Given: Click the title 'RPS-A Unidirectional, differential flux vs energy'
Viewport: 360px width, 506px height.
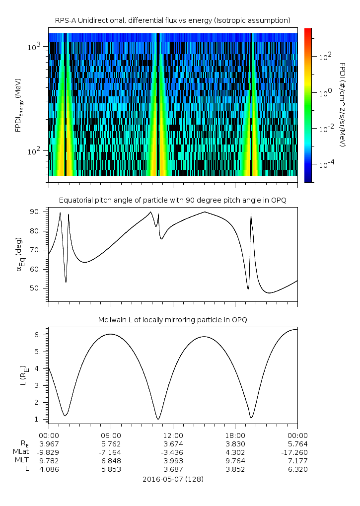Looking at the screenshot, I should pyautogui.click(x=172, y=20).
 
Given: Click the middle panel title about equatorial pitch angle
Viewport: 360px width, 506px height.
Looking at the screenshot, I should pyautogui.click(x=173, y=200).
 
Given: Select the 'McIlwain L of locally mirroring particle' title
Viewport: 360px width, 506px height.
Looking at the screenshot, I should pyautogui.click(x=173, y=320).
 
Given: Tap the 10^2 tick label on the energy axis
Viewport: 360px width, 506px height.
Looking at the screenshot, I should pyautogui.click(x=38, y=151).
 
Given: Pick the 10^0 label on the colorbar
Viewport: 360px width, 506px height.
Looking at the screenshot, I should pyautogui.click(x=325, y=93).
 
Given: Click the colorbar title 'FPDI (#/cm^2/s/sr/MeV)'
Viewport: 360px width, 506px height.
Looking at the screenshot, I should pyautogui.click(x=343, y=104).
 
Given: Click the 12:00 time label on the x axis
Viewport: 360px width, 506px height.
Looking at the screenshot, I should pyautogui.click(x=173, y=435).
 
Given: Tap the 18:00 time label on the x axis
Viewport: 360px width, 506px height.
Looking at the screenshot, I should pyautogui.click(x=235, y=435).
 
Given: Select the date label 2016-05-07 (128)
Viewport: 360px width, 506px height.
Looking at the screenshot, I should pyautogui.click(x=173, y=480).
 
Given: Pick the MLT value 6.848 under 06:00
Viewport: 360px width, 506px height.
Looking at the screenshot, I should pyautogui.click(x=110, y=461).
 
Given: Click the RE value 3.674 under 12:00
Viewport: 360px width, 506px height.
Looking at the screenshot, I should pyautogui.click(x=173, y=443).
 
